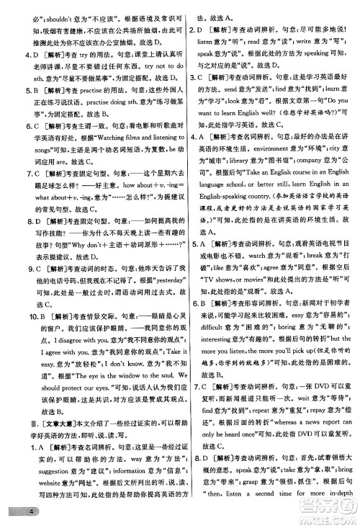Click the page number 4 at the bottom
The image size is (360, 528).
point(12,512)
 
